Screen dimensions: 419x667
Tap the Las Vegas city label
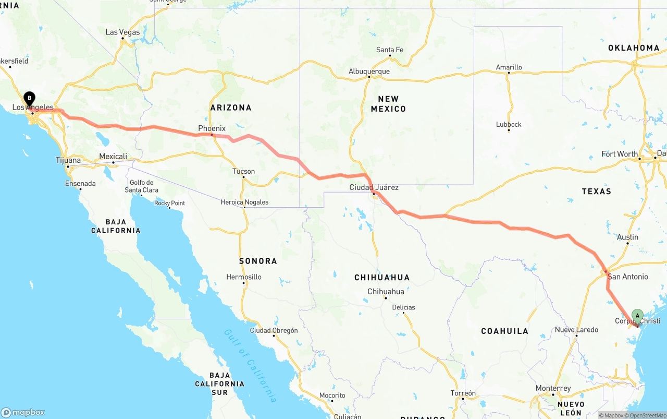pyautogui.click(x=122, y=32)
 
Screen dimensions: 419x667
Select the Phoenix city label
pyautogui.click(x=212, y=128)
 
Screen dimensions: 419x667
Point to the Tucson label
pyautogui.click(x=243, y=171)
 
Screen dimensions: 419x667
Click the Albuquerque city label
pyautogui.click(x=369, y=71)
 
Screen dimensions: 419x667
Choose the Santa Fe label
pyautogui.click(x=390, y=50)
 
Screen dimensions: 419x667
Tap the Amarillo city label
pyautogui.click(x=509, y=67)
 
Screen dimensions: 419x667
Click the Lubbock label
pyautogui.click(x=509, y=124)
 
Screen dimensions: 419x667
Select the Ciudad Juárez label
pyautogui.click(x=374, y=187)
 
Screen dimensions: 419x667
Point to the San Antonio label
pyautogui.click(x=627, y=277)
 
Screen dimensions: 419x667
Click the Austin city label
pyautogui.click(x=627, y=237)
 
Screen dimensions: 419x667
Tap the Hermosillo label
pyautogui.click(x=244, y=277)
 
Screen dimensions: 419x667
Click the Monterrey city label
pyautogui.click(x=553, y=389)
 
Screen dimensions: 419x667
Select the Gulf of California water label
pyautogui.click(x=250, y=365)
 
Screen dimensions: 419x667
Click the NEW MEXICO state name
pyautogui.click(x=388, y=104)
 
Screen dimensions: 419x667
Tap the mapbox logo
pyautogui.click(x=23, y=412)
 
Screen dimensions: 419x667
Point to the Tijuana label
pyautogui.click(x=68, y=160)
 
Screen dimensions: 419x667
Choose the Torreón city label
pyautogui.click(x=463, y=393)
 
